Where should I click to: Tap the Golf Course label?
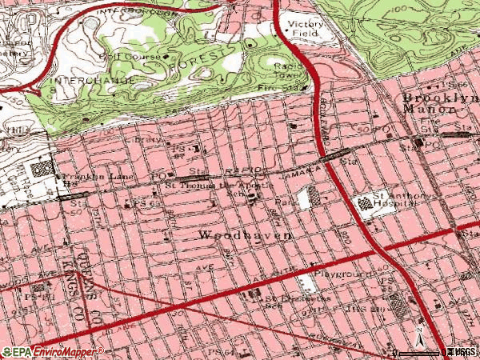[x=120, y=57]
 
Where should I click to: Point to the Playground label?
[x=342, y=273]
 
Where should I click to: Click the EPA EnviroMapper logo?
[x=52, y=350]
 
